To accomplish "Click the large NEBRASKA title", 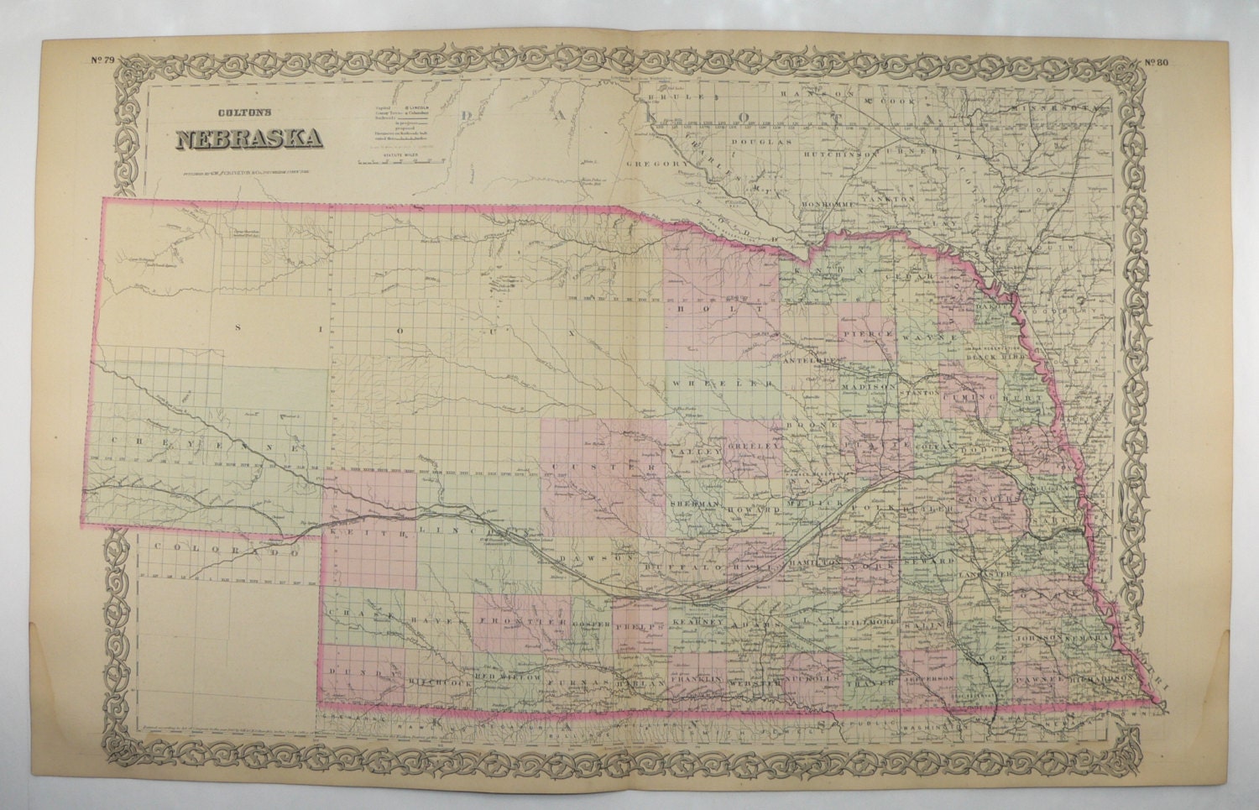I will point(250,138).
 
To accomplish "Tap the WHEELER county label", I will point(721,384).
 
